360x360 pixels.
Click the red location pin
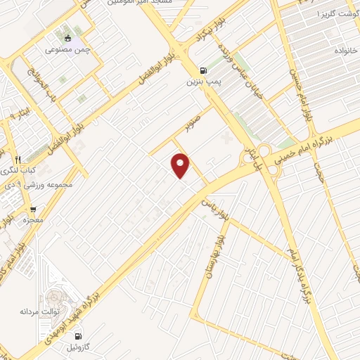[181, 165]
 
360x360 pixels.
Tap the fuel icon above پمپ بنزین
[204, 70]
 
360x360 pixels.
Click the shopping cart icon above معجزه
[32, 209]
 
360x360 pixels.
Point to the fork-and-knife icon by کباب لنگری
[18, 159]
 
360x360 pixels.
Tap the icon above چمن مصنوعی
[67, 38]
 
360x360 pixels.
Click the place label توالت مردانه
[37, 310]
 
